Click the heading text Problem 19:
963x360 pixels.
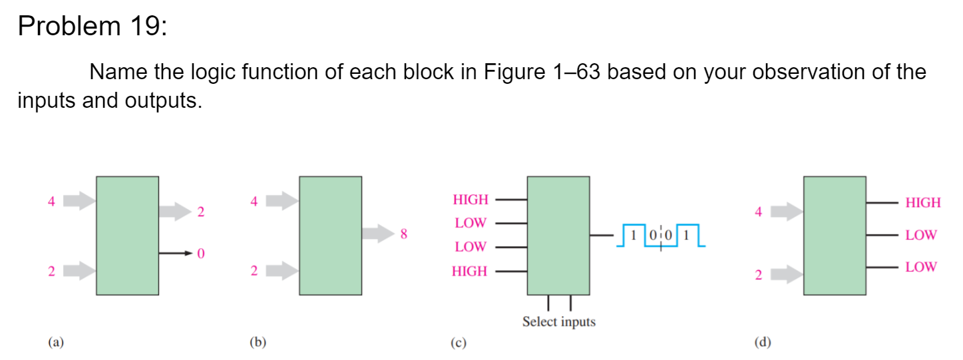click(x=93, y=27)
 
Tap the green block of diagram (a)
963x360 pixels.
click(x=127, y=235)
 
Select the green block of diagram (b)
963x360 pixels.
click(x=330, y=235)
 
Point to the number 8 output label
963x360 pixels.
click(x=404, y=234)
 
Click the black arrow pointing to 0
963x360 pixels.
click(x=176, y=254)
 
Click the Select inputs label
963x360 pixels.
click(x=558, y=322)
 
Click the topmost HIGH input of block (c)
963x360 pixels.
click(x=470, y=199)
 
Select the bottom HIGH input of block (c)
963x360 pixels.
click(x=470, y=271)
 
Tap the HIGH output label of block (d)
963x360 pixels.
click(x=923, y=203)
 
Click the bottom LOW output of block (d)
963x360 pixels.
click(x=920, y=267)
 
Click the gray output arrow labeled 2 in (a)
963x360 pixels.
click(x=174, y=212)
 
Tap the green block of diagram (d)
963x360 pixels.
click(x=835, y=235)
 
